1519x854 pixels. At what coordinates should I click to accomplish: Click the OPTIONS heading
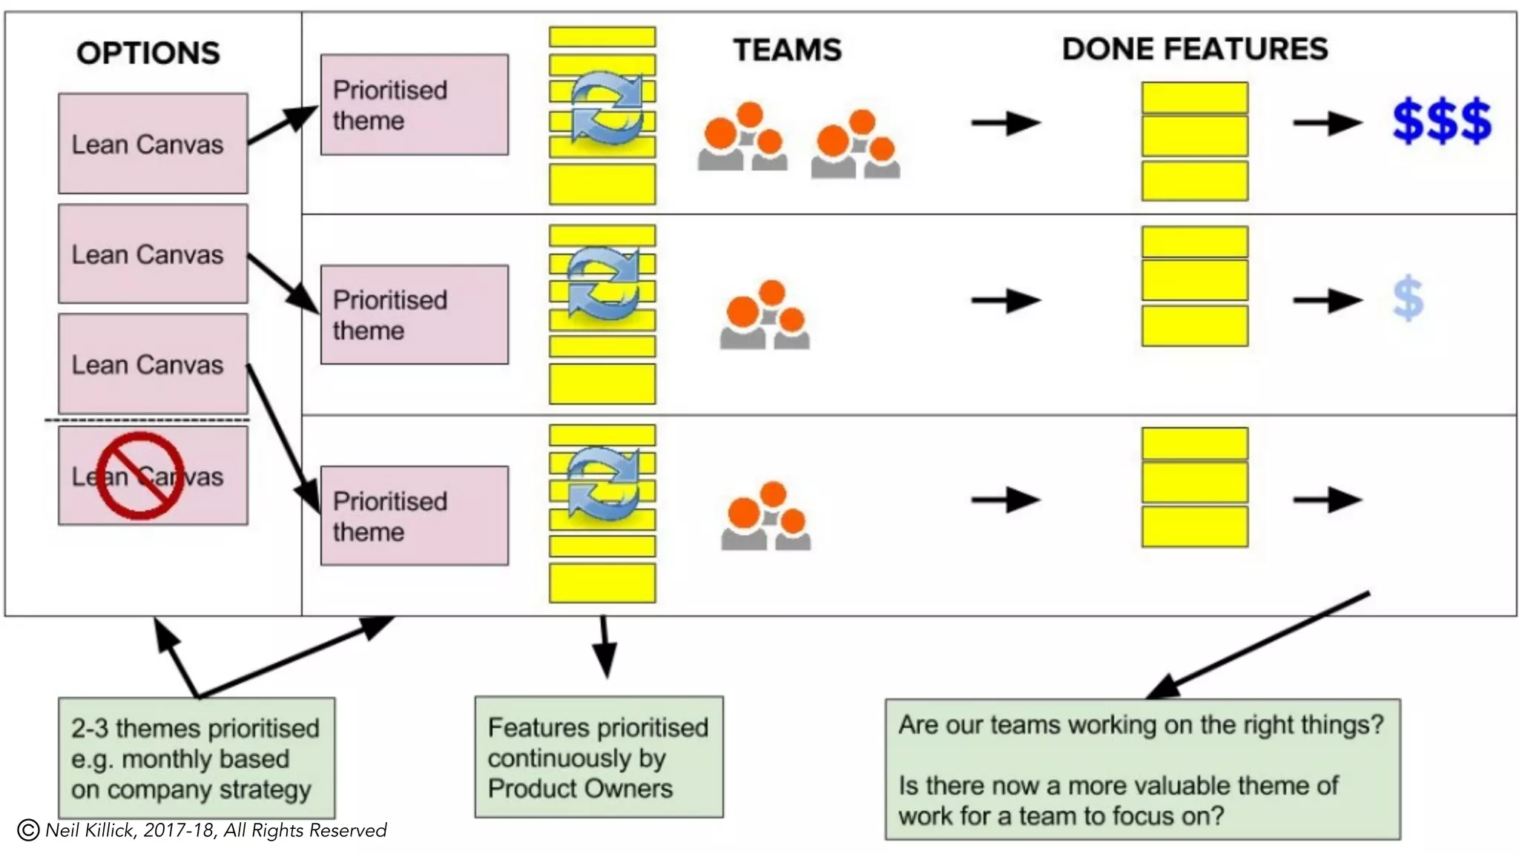point(148,53)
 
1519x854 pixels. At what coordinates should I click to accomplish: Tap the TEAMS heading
point(788,50)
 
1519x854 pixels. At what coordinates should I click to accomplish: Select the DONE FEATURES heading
point(1195,49)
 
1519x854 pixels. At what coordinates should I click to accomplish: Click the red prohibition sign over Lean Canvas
point(139,475)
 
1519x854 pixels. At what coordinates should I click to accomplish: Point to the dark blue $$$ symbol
point(1442,120)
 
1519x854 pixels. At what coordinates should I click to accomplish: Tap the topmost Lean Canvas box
point(153,143)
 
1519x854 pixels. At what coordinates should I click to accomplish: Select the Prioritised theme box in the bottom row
point(415,516)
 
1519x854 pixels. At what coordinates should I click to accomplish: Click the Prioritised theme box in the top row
point(415,105)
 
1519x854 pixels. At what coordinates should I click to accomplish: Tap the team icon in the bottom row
point(765,516)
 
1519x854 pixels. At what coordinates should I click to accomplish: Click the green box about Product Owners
point(599,757)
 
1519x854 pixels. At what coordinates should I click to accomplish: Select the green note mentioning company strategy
point(197,758)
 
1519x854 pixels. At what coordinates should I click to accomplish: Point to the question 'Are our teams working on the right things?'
point(1141,724)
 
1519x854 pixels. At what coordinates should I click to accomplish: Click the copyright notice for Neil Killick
point(202,830)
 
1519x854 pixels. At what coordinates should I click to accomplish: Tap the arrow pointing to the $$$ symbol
point(1328,123)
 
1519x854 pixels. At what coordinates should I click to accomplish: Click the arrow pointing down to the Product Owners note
point(605,646)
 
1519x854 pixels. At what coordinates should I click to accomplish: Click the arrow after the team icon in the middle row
point(1006,300)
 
